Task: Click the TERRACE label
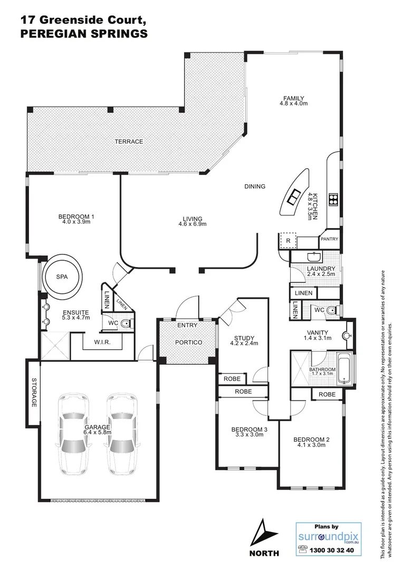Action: pos(129,141)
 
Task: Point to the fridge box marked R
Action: pos(288,241)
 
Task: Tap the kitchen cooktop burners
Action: pos(333,199)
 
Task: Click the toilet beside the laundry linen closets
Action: pos(331,311)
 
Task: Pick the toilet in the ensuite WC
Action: pos(126,324)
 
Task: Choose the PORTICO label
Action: pos(188,343)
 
